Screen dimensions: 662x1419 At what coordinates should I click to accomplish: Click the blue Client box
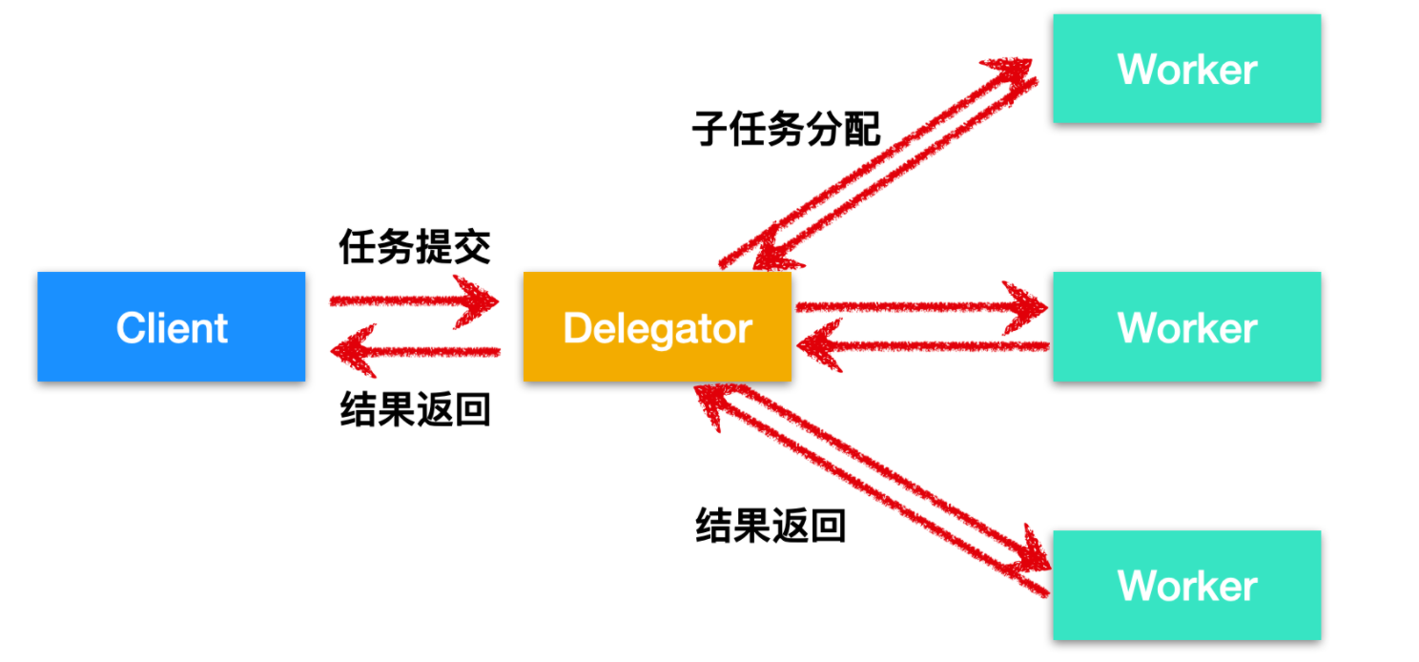(172, 326)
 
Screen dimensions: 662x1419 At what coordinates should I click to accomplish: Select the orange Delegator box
(657, 326)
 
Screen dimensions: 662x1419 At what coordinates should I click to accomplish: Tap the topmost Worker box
(1186, 69)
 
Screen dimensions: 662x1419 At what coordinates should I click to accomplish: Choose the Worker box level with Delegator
(1186, 326)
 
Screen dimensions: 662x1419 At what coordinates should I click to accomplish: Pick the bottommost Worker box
(1186, 585)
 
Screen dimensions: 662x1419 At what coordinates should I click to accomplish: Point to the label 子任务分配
(786, 130)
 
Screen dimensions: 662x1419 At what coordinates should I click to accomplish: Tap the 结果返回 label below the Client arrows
(415, 411)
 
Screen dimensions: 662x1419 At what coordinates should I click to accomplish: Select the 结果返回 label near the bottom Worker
(771, 526)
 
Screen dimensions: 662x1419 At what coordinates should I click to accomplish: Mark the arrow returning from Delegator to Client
(415, 351)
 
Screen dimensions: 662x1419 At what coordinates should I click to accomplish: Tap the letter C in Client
(129, 328)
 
